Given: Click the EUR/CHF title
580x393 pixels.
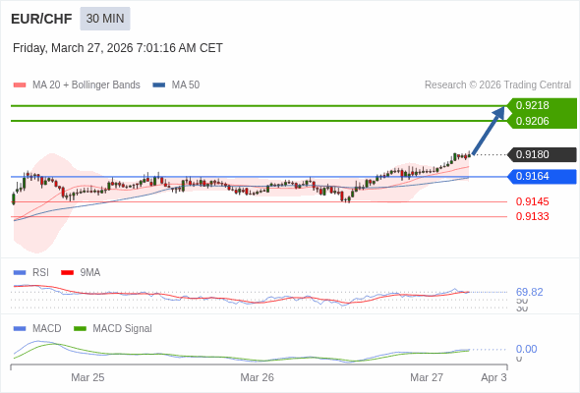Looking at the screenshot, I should point(40,19).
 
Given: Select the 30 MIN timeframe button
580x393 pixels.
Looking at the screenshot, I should point(105,19).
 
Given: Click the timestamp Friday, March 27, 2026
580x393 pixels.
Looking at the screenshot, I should point(118,47).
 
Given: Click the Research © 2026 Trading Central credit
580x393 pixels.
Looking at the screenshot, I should point(497,84).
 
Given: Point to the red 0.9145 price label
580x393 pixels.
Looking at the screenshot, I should point(532,201).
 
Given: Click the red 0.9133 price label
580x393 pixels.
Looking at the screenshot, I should point(532,216).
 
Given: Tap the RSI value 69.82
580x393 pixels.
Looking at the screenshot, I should point(529,292).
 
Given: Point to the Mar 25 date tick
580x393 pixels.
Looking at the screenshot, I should point(87,377).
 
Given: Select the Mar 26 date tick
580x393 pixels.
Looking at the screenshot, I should point(257,377).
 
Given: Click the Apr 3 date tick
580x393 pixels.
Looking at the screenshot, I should point(493,377).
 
